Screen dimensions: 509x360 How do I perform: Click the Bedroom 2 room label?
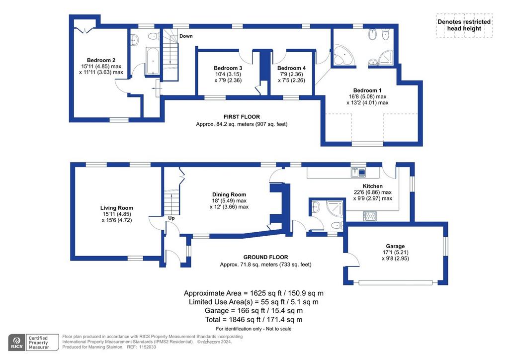click(x=101, y=60)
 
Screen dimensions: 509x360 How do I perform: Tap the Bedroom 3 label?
click(x=228, y=68)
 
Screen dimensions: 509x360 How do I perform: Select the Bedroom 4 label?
click(x=291, y=68)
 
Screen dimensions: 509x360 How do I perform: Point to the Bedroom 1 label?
click(x=367, y=90)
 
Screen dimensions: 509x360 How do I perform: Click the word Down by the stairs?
click(x=186, y=36)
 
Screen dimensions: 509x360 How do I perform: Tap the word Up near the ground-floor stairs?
click(x=171, y=218)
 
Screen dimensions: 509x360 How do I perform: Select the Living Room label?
click(x=116, y=208)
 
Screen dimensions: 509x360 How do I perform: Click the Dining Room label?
click(x=229, y=194)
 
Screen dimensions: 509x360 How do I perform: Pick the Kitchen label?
click(x=372, y=186)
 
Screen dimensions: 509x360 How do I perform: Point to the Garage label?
click(x=395, y=246)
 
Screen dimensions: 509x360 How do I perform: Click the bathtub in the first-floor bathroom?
click(x=152, y=61)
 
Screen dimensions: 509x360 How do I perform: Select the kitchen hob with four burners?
click(x=370, y=216)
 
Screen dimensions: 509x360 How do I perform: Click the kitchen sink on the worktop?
click(x=358, y=172)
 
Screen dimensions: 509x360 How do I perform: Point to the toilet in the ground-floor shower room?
click(x=337, y=225)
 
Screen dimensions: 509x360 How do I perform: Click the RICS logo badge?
click(x=17, y=343)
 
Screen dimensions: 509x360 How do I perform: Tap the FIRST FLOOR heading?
click(x=242, y=116)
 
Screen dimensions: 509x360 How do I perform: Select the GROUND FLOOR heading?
click(x=265, y=257)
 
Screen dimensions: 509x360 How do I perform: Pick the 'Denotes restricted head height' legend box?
click(x=464, y=25)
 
